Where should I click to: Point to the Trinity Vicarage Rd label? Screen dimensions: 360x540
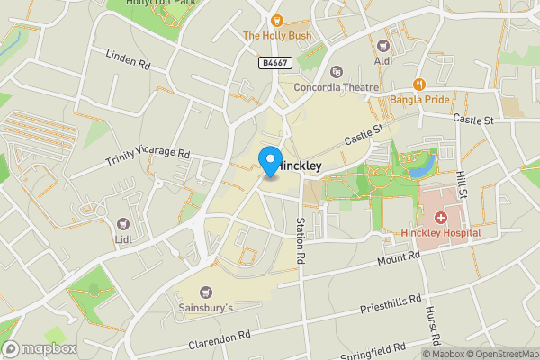(148, 157)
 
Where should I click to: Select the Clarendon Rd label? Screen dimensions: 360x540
(220, 339)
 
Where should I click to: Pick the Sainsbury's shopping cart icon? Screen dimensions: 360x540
(206, 292)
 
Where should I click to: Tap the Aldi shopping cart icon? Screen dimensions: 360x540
(383, 45)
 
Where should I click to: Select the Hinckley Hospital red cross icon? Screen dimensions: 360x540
(441, 218)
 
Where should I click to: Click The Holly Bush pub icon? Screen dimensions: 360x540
(276, 20)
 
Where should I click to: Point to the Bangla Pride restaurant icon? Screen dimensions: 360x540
(419, 84)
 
